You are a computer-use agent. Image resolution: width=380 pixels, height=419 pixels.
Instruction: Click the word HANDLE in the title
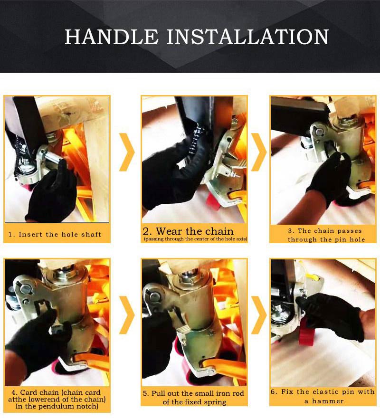pyautogui.click(x=112, y=37)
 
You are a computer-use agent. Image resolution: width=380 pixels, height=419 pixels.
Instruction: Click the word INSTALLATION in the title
pyautogui.click(x=248, y=37)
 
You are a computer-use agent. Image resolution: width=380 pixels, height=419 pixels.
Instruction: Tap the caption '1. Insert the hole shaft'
pyautogui.click(x=55, y=234)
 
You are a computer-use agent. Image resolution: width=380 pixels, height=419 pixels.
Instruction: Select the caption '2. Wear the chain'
pyautogui.click(x=188, y=231)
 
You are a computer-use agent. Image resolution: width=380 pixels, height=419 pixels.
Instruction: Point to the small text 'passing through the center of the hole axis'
pyautogui.click(x=195, y=238)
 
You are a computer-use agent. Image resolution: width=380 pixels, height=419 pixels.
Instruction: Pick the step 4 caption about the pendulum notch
pyautogui.click(x=57, y=400)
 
